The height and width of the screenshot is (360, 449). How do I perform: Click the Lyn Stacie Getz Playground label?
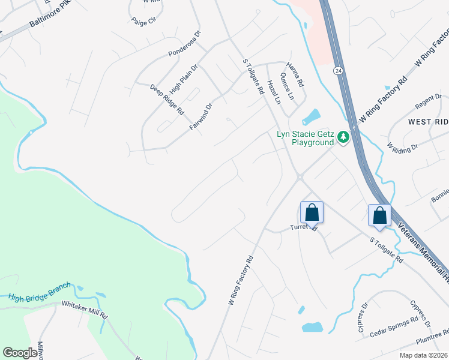click(x=304, y=138)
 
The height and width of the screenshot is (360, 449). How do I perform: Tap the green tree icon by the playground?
click(x=343, y=137)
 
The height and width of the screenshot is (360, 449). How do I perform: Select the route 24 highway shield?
click(x=339, y=71)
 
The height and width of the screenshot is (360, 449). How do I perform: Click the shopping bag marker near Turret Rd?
click(x=312, y=212)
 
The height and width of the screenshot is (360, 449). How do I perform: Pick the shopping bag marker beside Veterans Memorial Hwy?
click(x=379, y=215)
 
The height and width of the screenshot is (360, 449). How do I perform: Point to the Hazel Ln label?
click(x=274, y=92)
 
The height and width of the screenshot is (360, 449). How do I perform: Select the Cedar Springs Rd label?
click(x=393, y=327)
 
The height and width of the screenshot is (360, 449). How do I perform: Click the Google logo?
click(x=20, y=353)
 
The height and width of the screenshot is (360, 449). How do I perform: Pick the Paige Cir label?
click(x=143, y=20)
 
